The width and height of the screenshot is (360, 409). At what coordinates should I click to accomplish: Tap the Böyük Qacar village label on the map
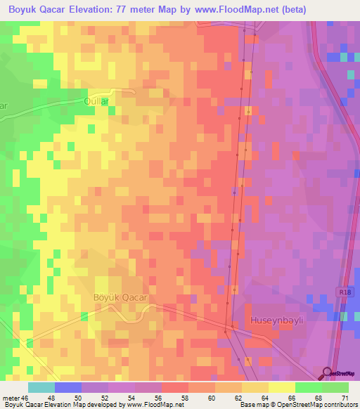coord(120,297)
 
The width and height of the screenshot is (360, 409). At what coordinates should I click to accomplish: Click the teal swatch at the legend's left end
coord(41,387)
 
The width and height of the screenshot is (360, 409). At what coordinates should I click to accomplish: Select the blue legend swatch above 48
coord(67,387)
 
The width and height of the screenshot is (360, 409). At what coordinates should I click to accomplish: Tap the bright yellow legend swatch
coord(282,387)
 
